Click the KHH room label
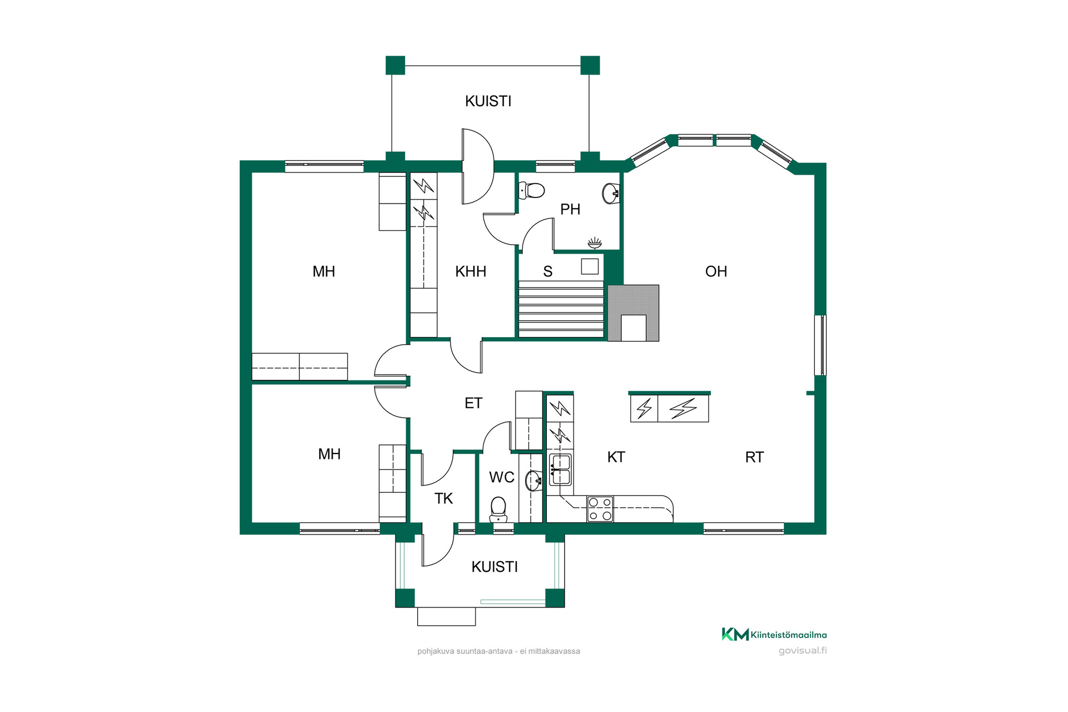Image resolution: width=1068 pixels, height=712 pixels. pos(471,271)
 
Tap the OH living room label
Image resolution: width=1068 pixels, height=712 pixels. pos(716,271)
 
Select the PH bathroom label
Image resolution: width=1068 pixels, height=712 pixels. pos(570,209)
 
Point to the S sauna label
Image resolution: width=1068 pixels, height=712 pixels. pos(548,271)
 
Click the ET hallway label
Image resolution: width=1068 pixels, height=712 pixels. pos(473,403)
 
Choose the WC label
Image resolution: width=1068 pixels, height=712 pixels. pos(502,477)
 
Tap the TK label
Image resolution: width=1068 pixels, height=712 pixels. pos(443,498)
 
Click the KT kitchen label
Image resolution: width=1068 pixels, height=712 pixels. pos(616,457)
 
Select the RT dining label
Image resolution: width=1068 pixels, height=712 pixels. pos(754,457)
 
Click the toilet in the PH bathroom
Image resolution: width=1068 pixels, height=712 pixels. pos(531,190)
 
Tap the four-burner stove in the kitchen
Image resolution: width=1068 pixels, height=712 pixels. pos(600,509)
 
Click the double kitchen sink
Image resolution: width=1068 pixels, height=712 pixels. pos(560,469)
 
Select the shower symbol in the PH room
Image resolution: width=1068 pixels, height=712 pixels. pos(595,243)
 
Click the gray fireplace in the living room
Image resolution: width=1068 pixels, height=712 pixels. pos(634,313)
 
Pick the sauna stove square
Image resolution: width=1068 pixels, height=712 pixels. pos(590,266)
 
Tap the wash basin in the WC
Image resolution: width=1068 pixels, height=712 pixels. pos(535,481)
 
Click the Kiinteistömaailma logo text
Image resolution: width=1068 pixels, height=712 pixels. pos(789,635)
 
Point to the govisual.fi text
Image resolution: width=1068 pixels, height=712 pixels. pos(803,651)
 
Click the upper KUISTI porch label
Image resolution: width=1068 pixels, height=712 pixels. pos(488,101)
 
